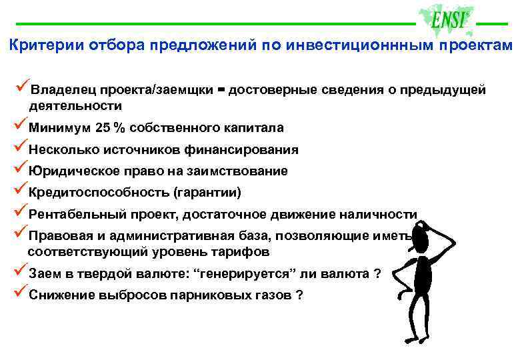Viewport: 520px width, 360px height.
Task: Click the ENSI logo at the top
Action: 447,21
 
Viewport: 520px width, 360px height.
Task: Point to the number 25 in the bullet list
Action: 104,127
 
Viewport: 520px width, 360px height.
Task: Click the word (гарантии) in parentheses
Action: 207,193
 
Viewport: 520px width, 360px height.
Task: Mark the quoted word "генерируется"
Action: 242,273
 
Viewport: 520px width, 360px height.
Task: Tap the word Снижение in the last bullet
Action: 59,295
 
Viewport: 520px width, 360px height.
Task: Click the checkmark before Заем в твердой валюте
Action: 20,271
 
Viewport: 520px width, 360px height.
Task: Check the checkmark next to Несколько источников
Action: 20,147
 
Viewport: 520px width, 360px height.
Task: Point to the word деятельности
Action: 75,105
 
